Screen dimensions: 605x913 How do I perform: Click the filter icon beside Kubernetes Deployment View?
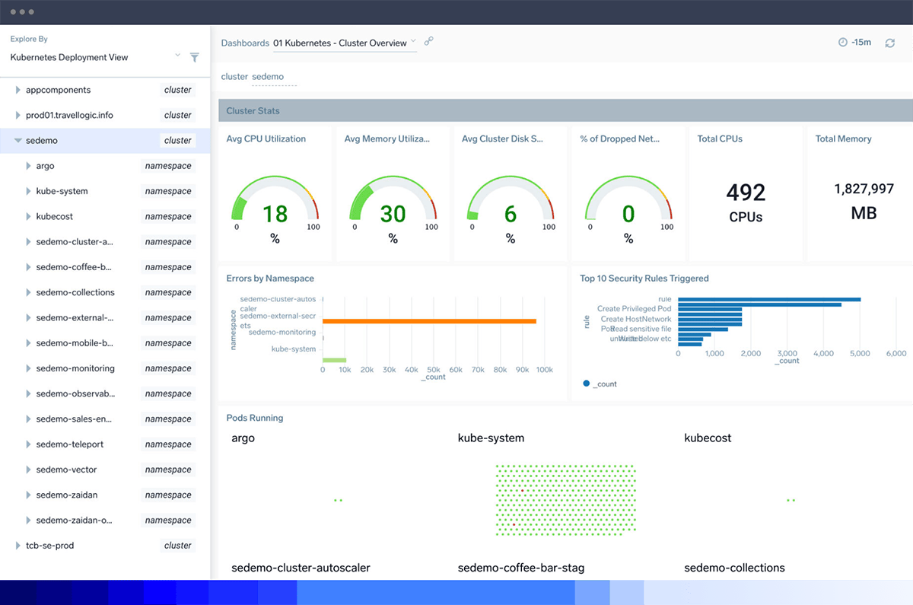click(194, 57)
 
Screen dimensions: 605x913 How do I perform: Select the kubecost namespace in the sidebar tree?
click(55, 216)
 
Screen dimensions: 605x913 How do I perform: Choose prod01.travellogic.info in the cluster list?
click(69, 115)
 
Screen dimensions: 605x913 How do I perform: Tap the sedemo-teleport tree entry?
click(69, 444)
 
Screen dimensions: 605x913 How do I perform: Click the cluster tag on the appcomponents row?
click(177, 90)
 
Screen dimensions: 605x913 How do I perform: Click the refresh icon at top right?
click(889, 43)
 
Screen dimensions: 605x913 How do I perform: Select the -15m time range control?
click(854, 43)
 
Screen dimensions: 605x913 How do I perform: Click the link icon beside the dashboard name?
click(428, 42)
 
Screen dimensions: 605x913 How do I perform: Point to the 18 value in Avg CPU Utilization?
click(275, 214)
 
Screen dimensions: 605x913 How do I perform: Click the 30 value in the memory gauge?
click(393, 214)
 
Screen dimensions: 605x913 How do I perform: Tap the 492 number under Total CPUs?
click(746, 193)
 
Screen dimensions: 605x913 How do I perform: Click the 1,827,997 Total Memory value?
click(864, 189)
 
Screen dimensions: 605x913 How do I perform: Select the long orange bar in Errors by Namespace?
click(430, 321)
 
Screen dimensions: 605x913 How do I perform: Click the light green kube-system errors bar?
click(335, 360)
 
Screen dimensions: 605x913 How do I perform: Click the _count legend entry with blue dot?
click(600, 384)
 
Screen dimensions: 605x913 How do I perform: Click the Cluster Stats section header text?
click(253, 111)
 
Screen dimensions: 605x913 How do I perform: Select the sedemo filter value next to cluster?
click(268, 77)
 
